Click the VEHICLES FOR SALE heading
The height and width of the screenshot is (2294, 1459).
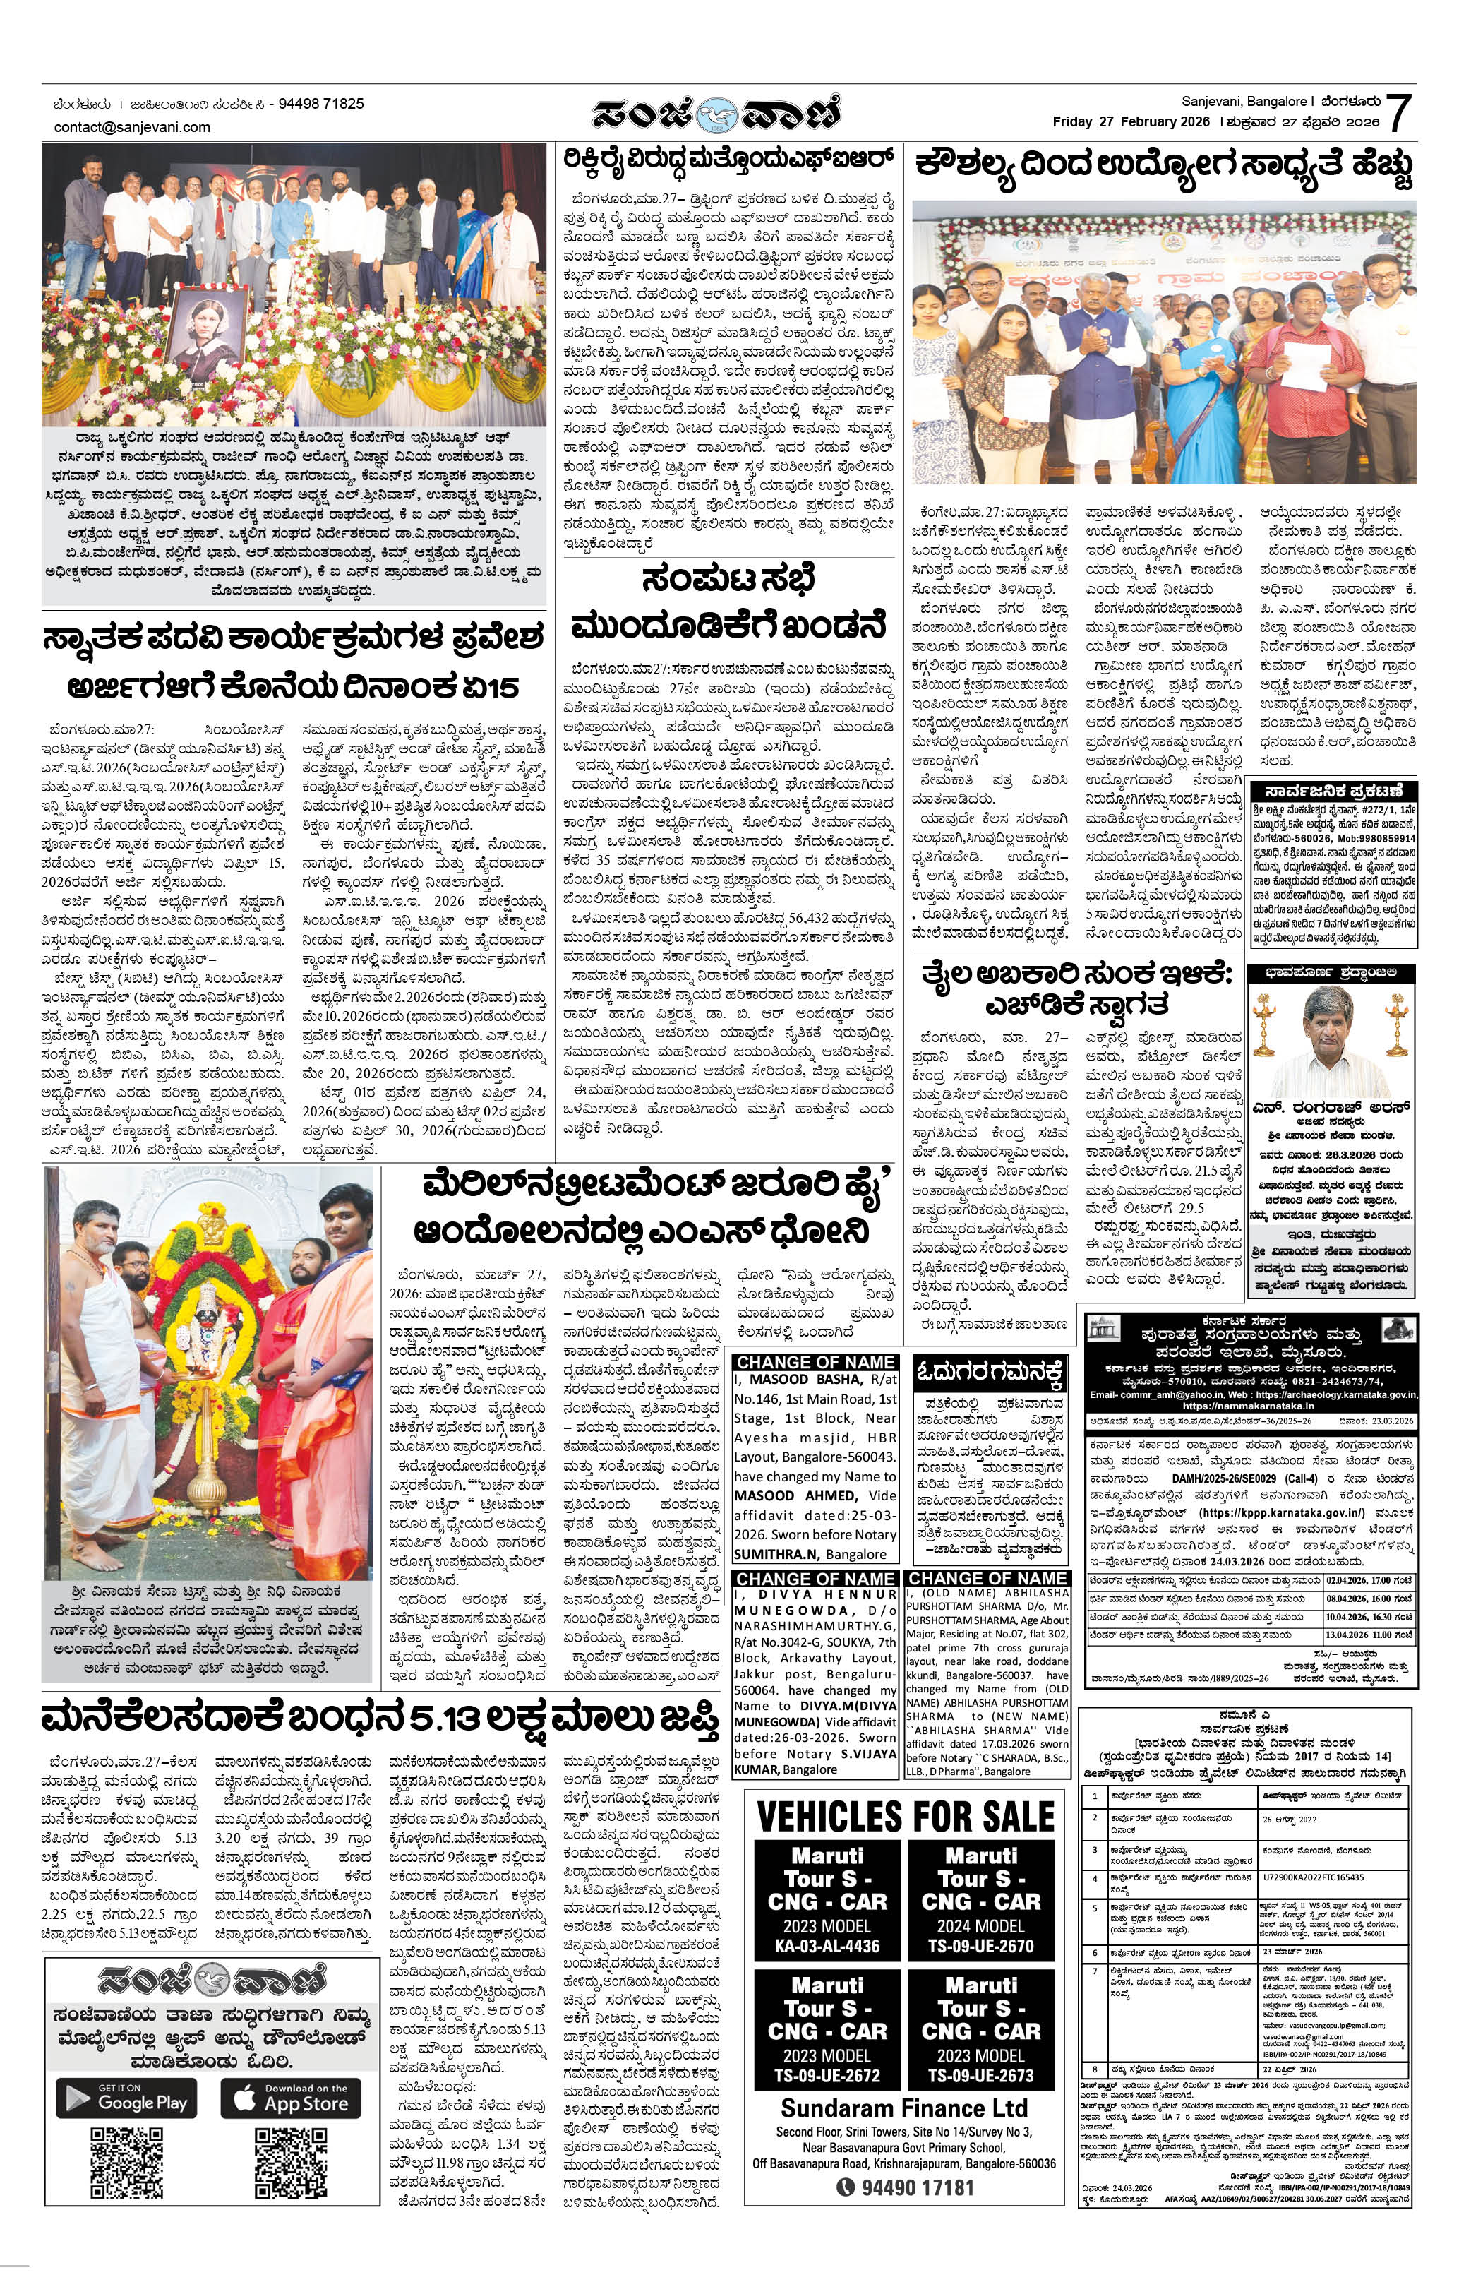tap(905, 1817)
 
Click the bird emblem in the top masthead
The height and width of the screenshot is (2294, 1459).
tap(714, 114)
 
